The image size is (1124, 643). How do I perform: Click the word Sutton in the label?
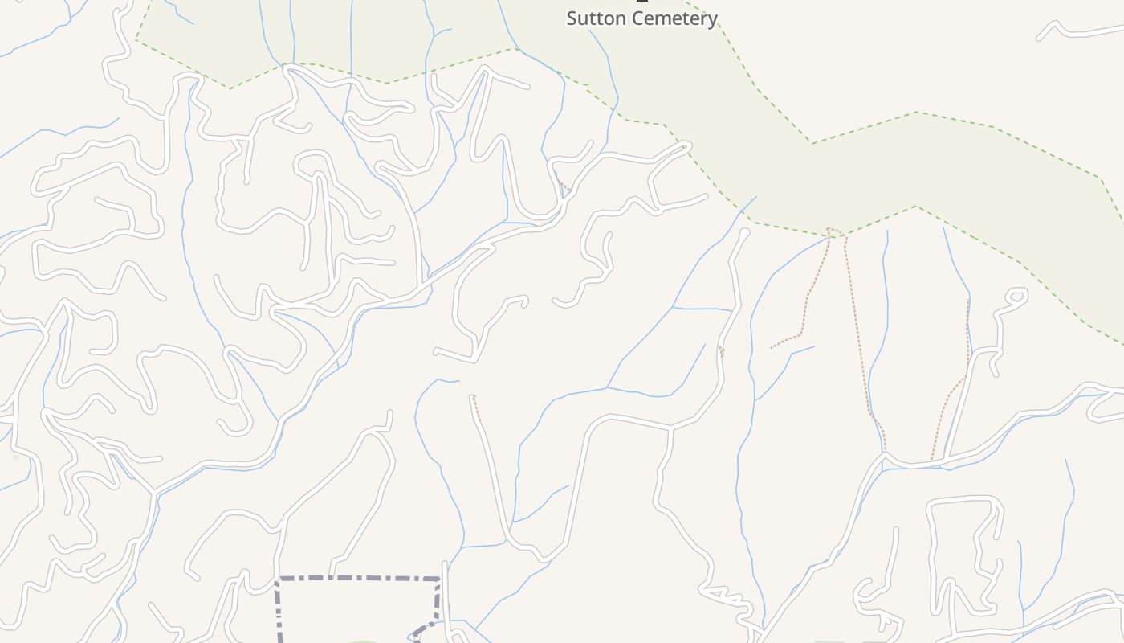tap(595, 18)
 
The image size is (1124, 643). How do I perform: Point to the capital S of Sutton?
tap(572, 18)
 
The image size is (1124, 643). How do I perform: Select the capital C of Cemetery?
tap(635, 18)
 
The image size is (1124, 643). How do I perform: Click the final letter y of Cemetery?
tap(712, 20)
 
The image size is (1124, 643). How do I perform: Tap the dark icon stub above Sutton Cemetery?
tap(641, 2)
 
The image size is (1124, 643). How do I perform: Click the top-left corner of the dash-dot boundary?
tap(277, 579)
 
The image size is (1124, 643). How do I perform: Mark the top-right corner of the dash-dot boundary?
tap(439, 579)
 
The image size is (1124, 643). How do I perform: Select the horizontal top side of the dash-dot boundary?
tap(357, 578)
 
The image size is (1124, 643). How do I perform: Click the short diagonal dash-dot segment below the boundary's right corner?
tap(424, 629)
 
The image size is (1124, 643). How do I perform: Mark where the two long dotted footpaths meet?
tap(835, 232)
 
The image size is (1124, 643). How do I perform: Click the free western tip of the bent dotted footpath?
tap(772, 348)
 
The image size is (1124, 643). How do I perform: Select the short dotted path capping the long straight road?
tap(475, 407)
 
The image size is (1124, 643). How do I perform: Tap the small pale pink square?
tap(15, 458)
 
